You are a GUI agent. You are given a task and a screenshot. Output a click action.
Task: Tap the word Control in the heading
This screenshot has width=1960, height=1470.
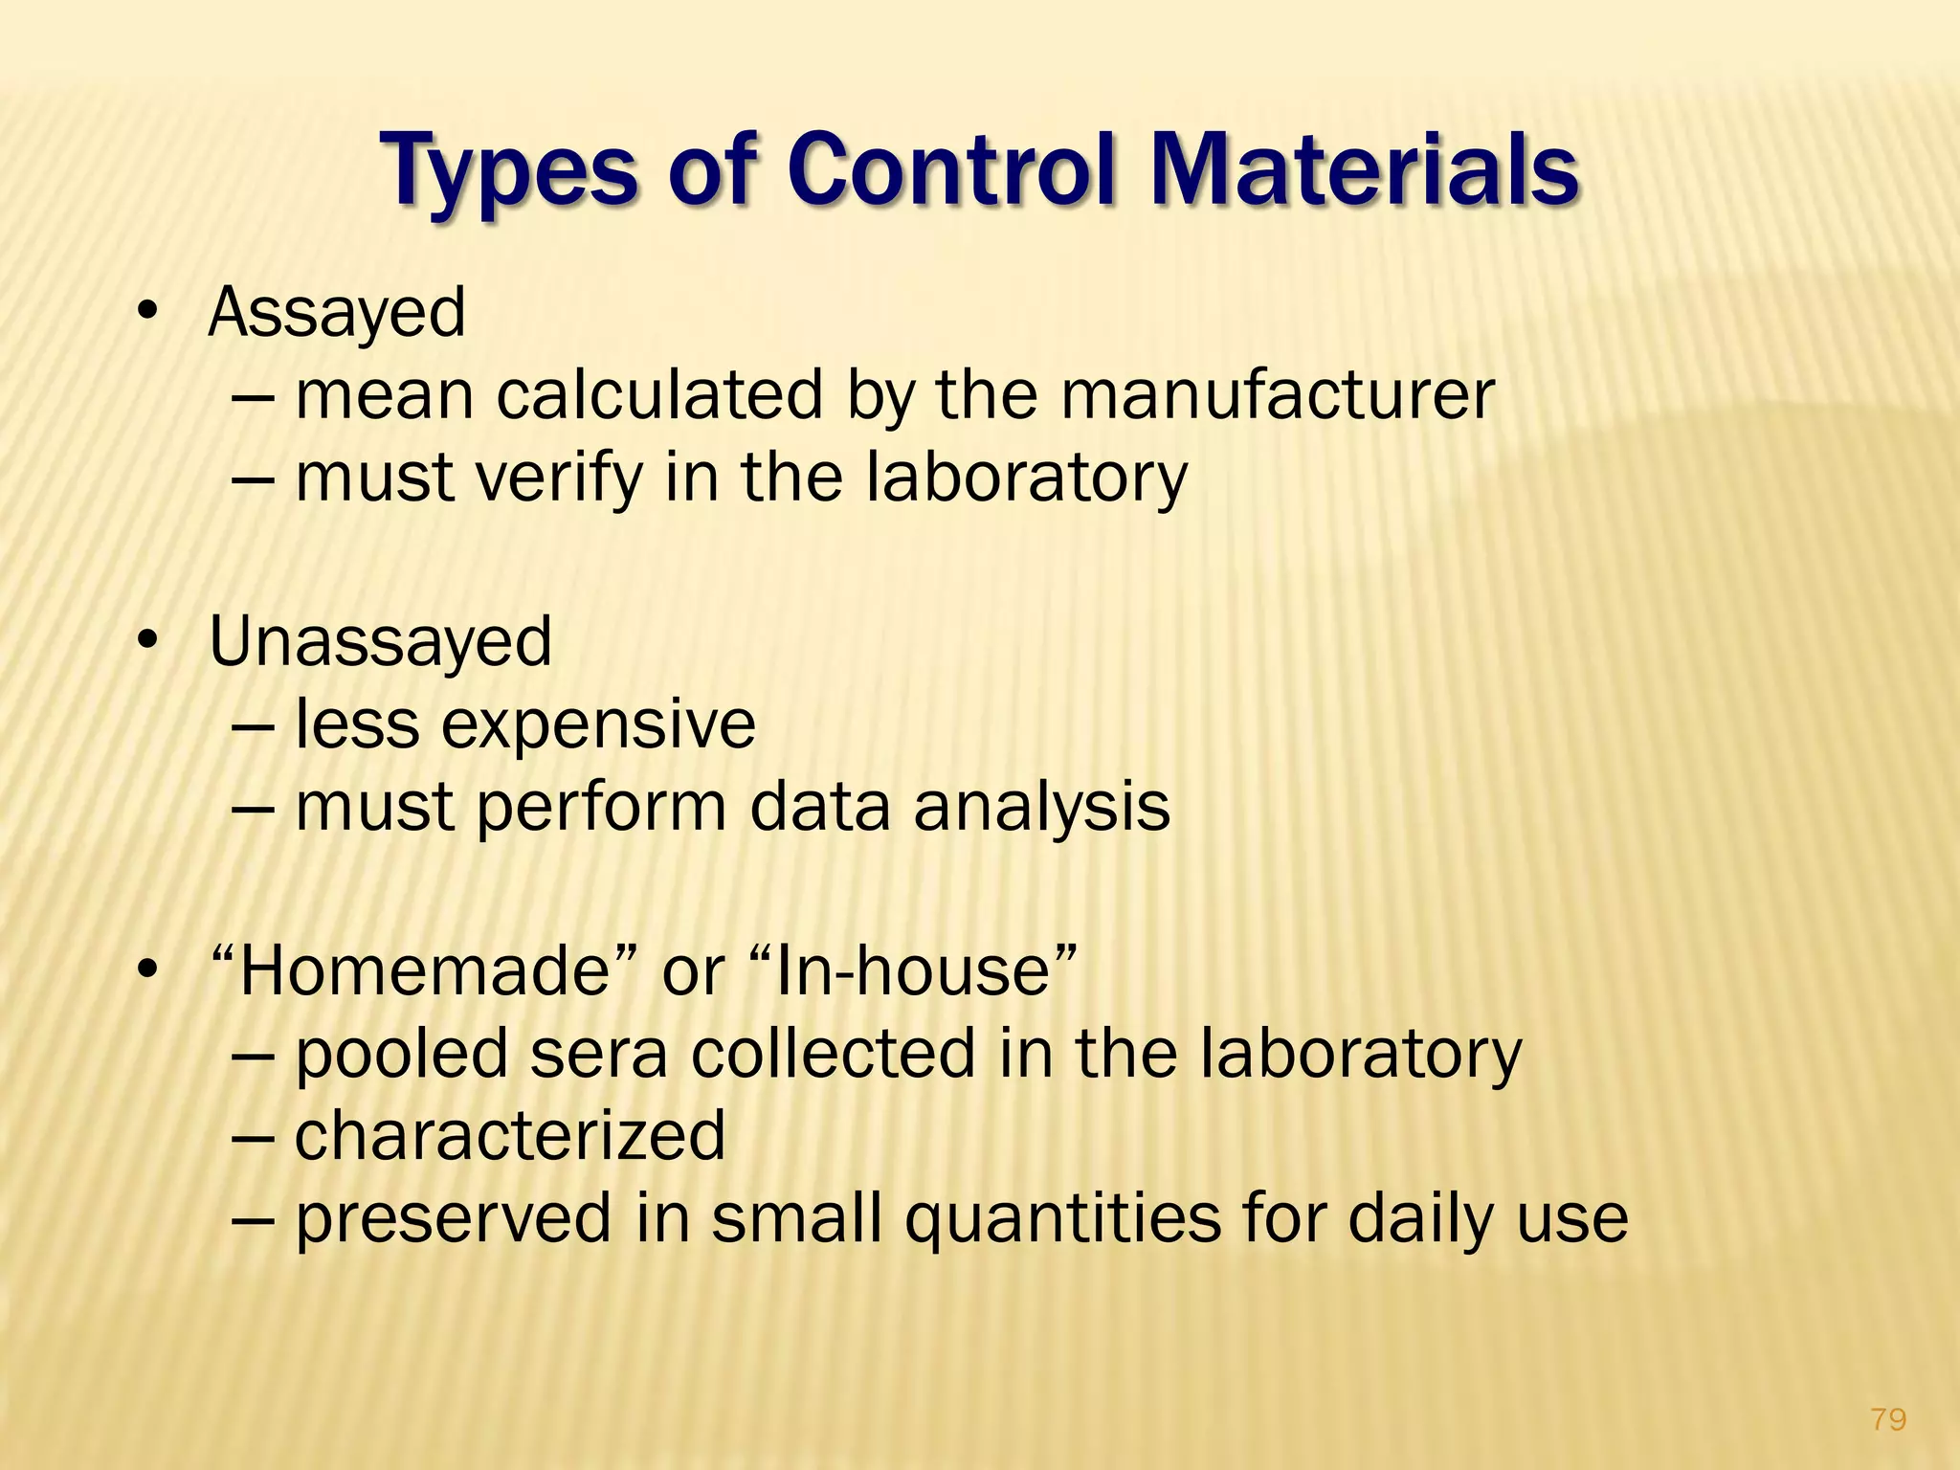click(952, 170)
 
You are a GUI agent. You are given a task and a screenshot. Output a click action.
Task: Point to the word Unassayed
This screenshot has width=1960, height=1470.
click(380, 641)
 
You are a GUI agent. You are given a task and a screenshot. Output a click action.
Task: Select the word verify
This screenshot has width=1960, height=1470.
click(560, 477)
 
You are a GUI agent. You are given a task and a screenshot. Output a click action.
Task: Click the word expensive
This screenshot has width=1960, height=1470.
click(598, 724)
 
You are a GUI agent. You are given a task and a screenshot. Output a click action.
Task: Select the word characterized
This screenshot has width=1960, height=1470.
click(510, 1136)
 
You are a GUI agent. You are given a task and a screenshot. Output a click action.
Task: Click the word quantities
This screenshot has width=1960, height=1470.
click(1062, 1219)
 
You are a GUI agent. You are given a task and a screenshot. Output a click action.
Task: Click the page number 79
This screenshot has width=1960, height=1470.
click(1887, 1418)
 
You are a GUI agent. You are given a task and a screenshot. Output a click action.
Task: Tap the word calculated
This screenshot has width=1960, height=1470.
click(659, 394)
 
